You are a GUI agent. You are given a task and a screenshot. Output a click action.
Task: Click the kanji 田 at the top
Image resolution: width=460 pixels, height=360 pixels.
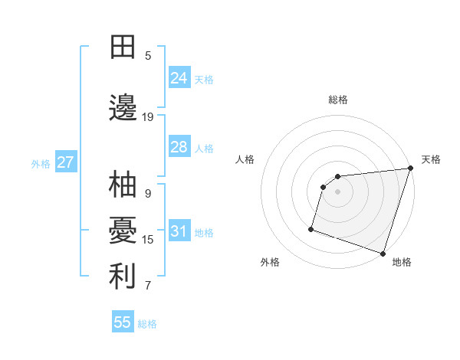[x=123, y=47]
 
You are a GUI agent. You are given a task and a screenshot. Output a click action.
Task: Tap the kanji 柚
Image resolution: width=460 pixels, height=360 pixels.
[x=123, y=185]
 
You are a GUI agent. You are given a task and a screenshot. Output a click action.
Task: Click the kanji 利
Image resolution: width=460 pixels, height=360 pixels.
[x=123, y=277]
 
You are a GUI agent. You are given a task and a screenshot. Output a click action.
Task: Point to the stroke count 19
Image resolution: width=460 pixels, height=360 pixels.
[x=148, y=117]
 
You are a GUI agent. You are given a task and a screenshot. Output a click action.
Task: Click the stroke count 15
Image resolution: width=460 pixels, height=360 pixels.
[x=148, y=240]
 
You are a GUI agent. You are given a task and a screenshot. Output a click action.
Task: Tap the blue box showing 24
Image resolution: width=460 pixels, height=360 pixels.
[x=179, y=78]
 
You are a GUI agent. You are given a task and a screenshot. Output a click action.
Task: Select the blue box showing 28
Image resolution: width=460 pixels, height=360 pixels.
[x=179, y=147]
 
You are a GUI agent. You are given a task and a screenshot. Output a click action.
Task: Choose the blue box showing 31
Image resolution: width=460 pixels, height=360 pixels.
[x=179, y=231]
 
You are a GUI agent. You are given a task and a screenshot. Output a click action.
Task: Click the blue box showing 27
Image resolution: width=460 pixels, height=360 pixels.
[x=65, y=162]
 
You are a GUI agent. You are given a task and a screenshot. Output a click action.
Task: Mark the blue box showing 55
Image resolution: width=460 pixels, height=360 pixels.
[x=123, y=322]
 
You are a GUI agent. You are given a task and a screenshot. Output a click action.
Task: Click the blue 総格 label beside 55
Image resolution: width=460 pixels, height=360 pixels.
[x=147, y=324]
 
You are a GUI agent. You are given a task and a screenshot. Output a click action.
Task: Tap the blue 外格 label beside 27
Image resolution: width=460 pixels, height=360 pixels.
[x=41, y=163]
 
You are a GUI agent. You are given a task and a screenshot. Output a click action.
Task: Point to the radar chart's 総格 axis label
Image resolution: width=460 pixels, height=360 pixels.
[x=338, y=100]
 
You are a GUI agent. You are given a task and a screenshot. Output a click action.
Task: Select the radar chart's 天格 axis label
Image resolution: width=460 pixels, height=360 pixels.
[x=431, y=159]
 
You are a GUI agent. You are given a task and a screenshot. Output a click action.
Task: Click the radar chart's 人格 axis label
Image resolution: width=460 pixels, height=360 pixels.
[x=245, y=159]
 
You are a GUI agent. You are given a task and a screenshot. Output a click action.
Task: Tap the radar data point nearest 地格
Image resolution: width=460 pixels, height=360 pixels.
[x=383, y=253]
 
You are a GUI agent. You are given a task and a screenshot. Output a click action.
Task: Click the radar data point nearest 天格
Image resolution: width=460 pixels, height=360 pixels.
[x=410, y=169]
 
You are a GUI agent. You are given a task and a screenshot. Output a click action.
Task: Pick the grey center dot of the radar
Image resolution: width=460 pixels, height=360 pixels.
[x=338, y=191]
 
